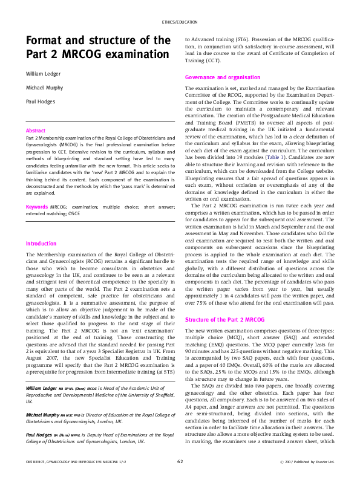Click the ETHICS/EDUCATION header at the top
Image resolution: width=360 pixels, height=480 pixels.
point(180,22)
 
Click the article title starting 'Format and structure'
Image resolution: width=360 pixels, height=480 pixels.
point(97,47)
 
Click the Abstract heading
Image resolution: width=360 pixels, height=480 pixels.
point(36,131)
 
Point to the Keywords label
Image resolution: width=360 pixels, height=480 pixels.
point(37,207)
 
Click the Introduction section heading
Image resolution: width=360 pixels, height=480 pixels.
point(41,244)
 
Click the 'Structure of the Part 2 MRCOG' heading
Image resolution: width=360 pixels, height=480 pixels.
point(224,319)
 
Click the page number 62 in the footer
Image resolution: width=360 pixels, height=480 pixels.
point(180,462)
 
